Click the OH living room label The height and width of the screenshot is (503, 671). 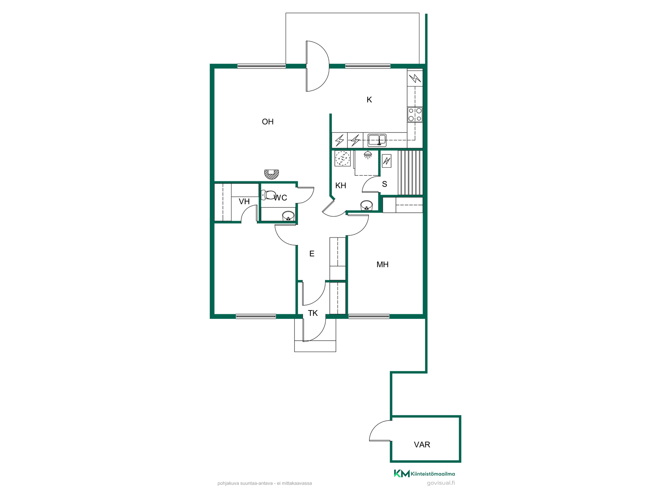coord(268,122)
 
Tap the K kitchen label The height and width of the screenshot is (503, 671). coord(369,100)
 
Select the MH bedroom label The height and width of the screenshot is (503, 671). coord(382,264)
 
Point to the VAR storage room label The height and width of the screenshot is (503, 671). coord(422,445)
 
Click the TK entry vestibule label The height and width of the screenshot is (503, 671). coord(313,313)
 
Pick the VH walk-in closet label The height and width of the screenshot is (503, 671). coord(244,202)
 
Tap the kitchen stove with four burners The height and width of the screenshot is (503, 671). coord(415,115)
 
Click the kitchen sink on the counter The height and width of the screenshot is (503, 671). coord(377,140)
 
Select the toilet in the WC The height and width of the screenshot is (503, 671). coord(268,195)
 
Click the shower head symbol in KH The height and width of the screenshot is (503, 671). coord(368,155)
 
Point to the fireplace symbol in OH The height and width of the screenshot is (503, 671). coord(271,174)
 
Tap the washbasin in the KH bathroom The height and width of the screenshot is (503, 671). coord(366,205)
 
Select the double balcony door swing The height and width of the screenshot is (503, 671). coord(317,66)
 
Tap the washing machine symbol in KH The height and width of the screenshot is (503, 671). coord(342,158)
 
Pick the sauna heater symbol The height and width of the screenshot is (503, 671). coord(387,161)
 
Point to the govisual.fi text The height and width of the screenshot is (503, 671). coord(441,483)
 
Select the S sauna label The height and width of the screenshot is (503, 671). coord(384,184)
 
